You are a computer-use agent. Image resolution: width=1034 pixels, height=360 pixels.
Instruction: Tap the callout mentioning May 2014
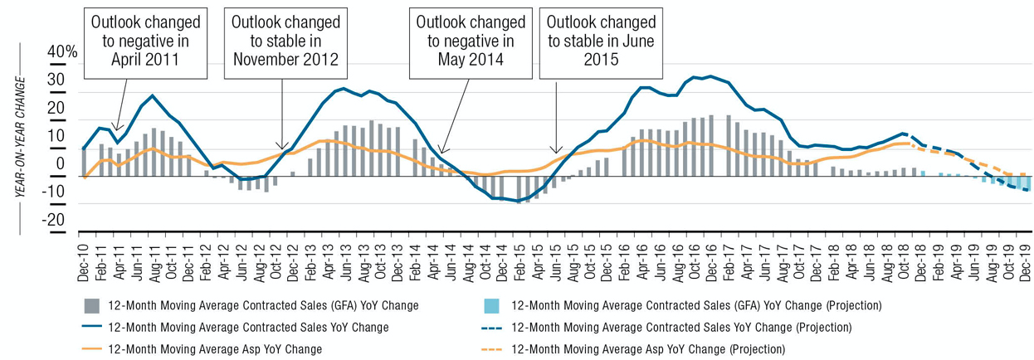pos(470,37)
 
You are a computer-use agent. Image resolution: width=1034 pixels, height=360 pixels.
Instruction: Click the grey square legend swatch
pos(92,305)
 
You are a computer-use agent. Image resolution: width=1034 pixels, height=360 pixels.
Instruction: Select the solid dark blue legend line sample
pos(92,327)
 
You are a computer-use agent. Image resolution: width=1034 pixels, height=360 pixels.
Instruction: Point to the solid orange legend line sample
pos(92,349)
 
